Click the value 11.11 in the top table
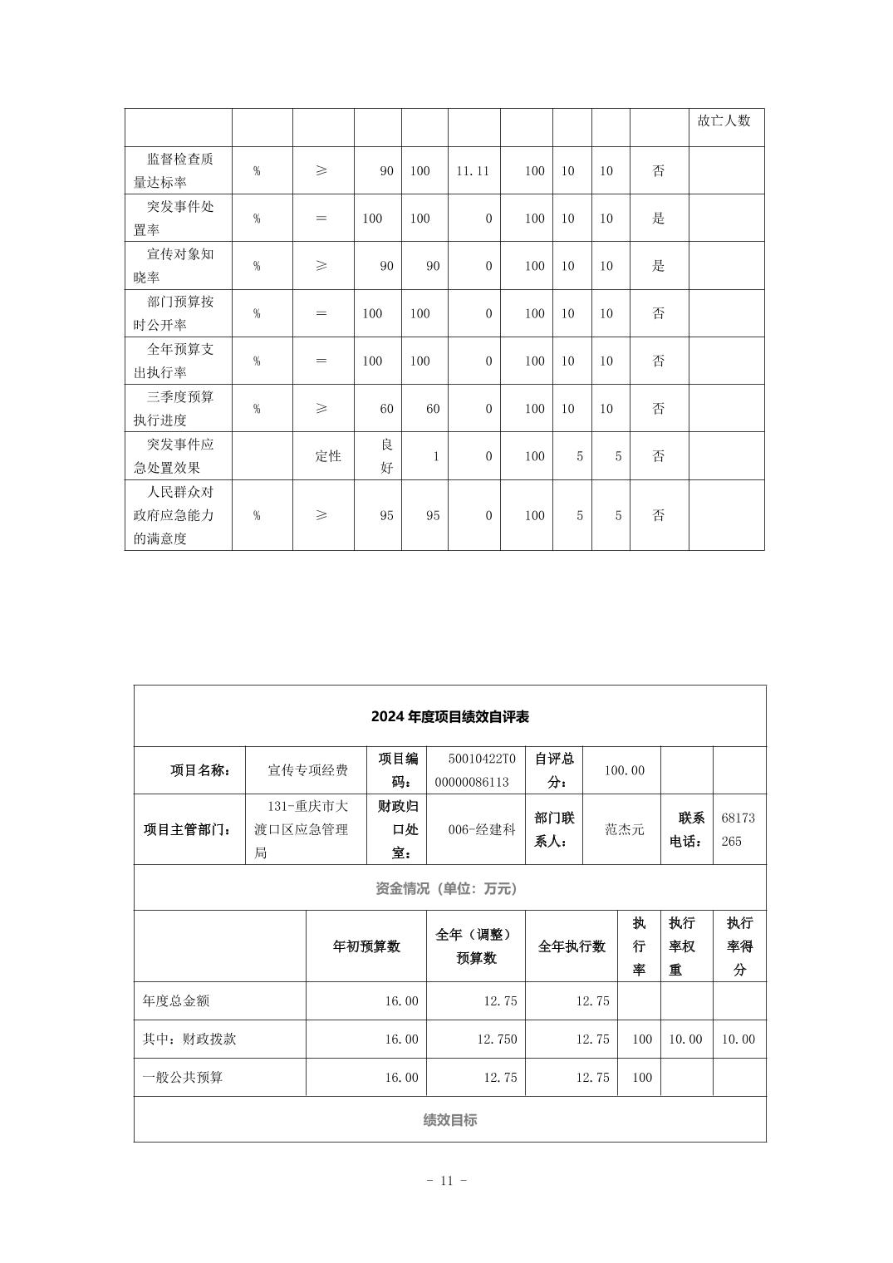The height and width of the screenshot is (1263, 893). point(473,171)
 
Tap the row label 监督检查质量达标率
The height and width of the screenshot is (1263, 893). point(174,170)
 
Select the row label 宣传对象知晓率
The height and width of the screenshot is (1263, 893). point(174,266)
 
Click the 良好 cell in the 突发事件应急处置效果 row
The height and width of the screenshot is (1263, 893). point(386,456)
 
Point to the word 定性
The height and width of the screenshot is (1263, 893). point(328,456)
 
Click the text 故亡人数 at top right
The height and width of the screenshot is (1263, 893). point(724,120)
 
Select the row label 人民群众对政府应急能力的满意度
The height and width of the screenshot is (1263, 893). point(174,515)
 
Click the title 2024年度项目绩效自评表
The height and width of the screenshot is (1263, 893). point(449,716)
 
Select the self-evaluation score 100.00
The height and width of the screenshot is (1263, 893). point(624,770)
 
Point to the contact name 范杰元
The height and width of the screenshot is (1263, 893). point(624,829)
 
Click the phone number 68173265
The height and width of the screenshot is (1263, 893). point(738,829)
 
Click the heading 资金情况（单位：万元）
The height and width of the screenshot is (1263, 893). point(449,888)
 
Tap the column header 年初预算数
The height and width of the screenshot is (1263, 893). point(366,946)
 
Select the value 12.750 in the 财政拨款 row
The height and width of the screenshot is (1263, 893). point(497,1039)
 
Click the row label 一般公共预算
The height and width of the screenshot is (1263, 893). point(183,1078)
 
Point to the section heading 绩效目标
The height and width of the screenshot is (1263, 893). point(449,1120)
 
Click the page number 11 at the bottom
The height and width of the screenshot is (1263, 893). point(446,1181)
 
